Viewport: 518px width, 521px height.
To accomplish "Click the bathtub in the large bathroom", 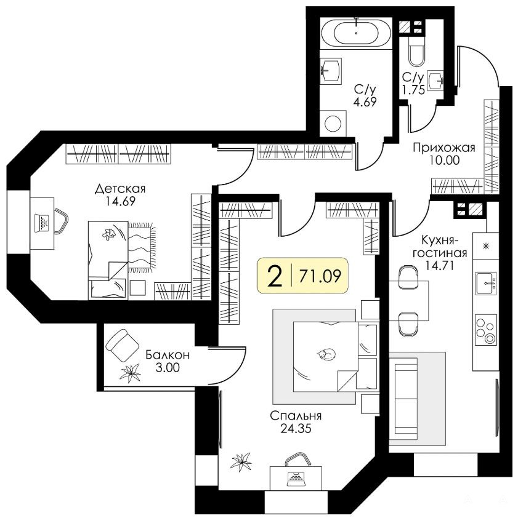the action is click(x=356, y=33).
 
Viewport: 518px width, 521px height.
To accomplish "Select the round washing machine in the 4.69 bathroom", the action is click(x=333, y=124).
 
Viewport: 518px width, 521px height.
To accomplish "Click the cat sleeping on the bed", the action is click(x=326, y=354).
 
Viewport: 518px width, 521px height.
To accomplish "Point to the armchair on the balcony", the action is click(x=122, y=346).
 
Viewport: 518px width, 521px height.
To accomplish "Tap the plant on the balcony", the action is click(x=130, y=373).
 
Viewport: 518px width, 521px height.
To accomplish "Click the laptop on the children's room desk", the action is click(x=42, y=223).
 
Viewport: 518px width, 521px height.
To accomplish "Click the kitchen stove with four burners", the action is click(x=486, y=330).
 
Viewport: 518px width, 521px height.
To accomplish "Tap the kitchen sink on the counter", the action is click(x=486, y=283).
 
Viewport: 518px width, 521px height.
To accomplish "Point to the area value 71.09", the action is click(x=320, y=276).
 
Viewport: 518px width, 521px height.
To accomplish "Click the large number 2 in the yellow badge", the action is click(x=275, y=276).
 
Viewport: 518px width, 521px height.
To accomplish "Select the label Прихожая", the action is click(x=444, y=148).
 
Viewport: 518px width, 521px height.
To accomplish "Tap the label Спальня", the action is click(x=296, y=416).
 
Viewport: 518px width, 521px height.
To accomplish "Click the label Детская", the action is click(x=120, y=189).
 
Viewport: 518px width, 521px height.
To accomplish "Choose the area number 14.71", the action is click(x=440, y=266).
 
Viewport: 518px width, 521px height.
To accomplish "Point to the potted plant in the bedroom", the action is click(x=241, y=462).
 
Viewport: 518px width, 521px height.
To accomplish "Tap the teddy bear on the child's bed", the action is click(x=108, y=234).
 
